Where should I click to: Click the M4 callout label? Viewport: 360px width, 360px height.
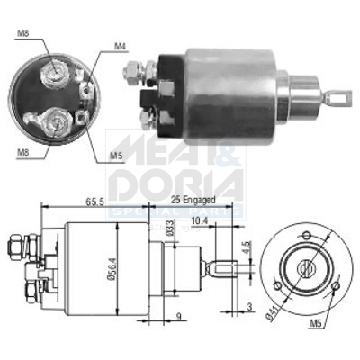pos(121,45)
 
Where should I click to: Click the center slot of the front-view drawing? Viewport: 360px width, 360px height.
pos(308,265)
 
